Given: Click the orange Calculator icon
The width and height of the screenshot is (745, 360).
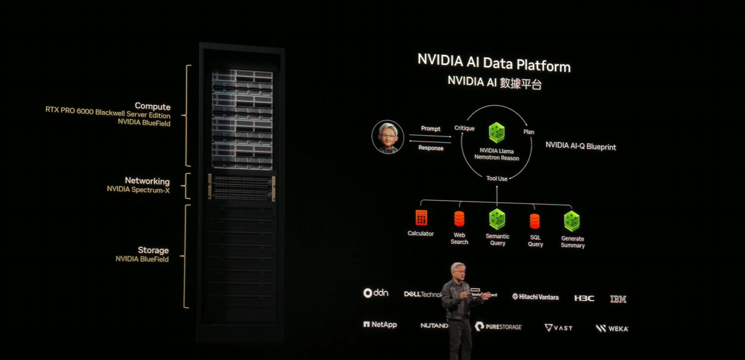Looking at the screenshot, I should [421, 218].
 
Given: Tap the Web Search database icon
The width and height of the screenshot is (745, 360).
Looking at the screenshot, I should [459, 219].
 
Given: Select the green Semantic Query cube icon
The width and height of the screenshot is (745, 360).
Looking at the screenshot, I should [497, 219].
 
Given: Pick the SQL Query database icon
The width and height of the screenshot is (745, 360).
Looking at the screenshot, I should [535, 221].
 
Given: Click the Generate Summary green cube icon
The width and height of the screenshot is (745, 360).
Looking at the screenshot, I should [572, 221].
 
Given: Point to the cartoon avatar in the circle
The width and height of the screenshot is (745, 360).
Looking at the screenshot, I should [387, 137].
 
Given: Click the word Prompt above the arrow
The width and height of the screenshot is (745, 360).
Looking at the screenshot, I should [431, 129].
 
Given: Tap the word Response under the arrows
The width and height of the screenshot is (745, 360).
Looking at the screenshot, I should [431, 148].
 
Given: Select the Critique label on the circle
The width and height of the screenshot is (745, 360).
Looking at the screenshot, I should [464, 128].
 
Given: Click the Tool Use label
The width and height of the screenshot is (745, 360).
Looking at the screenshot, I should [496, 179].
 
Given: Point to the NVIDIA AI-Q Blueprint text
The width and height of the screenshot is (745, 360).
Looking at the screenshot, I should [580, 147].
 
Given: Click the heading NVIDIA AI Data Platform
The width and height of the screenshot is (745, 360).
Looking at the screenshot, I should [494, 62].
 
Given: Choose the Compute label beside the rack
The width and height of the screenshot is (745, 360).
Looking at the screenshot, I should [153, 106].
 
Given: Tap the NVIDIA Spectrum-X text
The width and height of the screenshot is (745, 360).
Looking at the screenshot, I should [138, 190].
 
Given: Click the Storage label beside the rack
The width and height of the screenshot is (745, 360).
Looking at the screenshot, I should [153, 250].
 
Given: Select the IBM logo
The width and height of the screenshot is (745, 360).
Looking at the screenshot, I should [618, 299].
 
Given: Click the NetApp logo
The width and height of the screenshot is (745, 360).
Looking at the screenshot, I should [380, 325].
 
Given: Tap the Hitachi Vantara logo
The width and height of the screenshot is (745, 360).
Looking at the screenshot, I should [535, 297].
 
